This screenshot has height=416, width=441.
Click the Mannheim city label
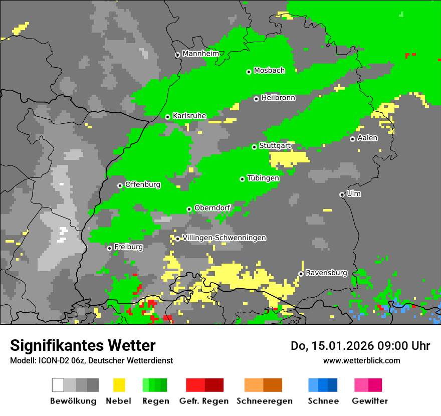click(200, 54)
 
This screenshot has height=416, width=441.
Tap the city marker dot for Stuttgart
click(254, 147)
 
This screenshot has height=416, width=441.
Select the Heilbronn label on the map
click(278, 98)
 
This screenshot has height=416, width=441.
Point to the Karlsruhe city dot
click(168, 117)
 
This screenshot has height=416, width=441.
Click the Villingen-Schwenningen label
click(224, 238)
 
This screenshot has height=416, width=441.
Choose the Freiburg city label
click(128, 247)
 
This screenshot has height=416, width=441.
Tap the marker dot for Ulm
click(342, 194)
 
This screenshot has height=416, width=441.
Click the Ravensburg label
click(326, 273)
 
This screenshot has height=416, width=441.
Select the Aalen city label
click(367, 138)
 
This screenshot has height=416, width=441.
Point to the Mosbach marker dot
click(249, 72)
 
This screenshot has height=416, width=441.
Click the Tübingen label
click(263, 178)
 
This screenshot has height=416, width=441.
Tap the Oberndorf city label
click(212, 207)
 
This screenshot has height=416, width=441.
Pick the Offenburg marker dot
click(120, 185)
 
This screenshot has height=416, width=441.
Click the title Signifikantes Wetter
click(83, 345)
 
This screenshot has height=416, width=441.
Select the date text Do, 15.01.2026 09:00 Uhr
click(360, 346)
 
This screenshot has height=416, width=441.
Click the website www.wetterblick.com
click(361, 360)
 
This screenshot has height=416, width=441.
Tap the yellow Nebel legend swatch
click(119, 385)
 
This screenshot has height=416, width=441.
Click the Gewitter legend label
click(369, 401)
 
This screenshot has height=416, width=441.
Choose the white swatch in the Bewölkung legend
click(58, 385)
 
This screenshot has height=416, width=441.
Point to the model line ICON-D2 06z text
click(91, 360)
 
